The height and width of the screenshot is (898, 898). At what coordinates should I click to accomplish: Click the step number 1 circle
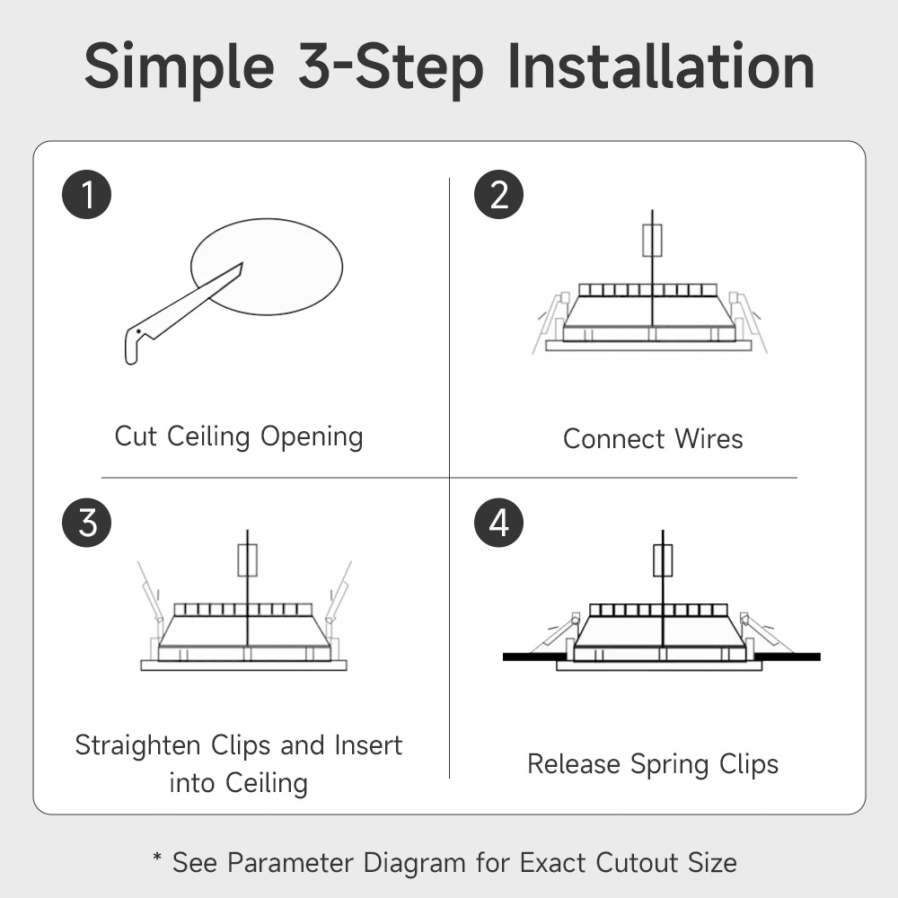pyautogui.click(x=86, y=194)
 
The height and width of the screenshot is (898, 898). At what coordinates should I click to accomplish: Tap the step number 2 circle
pyautogui.click(x=498, y=194)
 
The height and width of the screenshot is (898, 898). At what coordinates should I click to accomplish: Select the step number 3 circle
pyautogui.click(x=86, y=523)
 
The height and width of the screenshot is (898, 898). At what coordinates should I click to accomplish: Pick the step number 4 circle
pyautogui.click(x=498, y=523)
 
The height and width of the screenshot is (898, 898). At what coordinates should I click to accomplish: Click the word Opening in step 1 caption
pyautogui.click(x=312, y=438)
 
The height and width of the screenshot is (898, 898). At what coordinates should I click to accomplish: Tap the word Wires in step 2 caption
pyautogui.click(x=709, y=439)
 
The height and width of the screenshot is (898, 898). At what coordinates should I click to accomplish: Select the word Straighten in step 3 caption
pyautogui.click(x=138, y=746)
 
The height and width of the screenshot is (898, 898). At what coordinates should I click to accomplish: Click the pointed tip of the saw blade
pyautogui.click(x=242, y=263)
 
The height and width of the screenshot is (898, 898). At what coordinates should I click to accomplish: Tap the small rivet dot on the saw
pyautogui.click(x=138, y=331)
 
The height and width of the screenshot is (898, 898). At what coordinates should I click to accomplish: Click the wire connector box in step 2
pyautogui.click(x=652, y=241)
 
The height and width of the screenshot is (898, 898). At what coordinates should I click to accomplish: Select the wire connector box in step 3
pyautogui.click(x=248, y=560)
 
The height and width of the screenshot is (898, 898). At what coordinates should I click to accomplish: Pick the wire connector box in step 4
pyautogui.click(x=663, y=560)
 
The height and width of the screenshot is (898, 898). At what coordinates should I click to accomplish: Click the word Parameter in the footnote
pyautogui.click(x=290, y=863)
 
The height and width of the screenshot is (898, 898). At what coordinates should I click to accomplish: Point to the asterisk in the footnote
pyautogui.click(x=157, y=858)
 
